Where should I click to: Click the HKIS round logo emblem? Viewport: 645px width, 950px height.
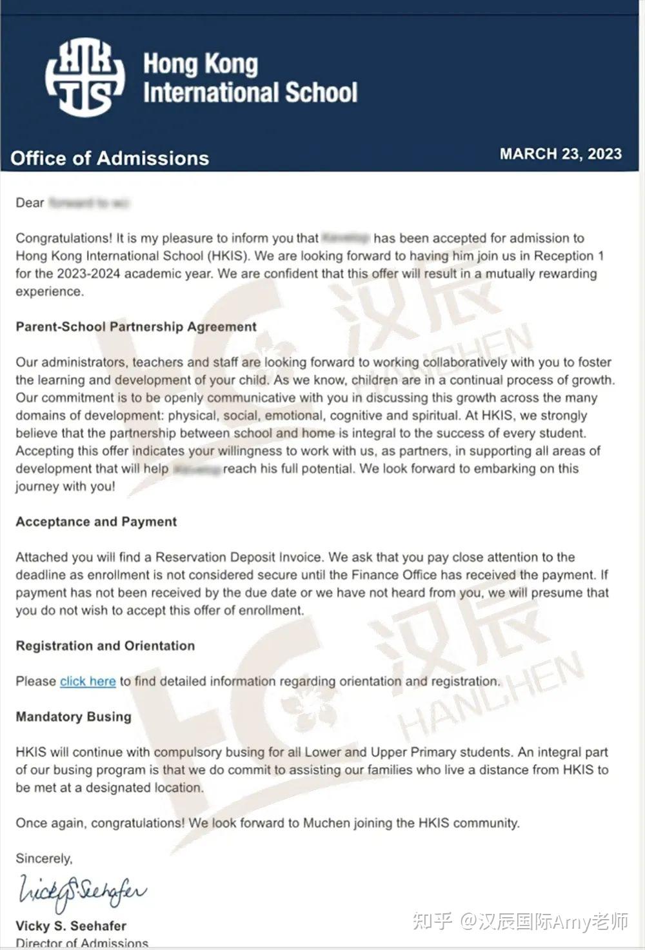(x=84, y=77)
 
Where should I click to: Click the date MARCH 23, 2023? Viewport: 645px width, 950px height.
(x=561, y=154)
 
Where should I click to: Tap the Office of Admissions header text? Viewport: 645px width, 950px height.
(x=110, y=159)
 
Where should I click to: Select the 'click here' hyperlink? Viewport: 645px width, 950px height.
(x=88, y=682)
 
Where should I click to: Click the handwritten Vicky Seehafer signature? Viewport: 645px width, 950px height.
(x=82, y=892)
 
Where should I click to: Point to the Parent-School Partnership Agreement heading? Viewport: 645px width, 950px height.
(x=136, y=327)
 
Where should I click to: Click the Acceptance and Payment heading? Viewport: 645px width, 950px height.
(x=96, y=522)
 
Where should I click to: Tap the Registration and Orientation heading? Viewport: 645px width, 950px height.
(x=105, y=646)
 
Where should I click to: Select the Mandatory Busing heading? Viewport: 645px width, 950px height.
(x=74, y=717)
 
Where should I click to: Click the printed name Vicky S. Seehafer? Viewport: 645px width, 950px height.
(x=71, y=926)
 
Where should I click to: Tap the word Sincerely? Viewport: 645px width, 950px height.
(x=44, y=859)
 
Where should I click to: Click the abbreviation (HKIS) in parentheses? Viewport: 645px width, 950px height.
(x=228, y=256)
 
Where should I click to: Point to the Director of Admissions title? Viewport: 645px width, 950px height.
(x=82, y=943)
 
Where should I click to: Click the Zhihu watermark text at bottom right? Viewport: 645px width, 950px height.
(x=520, y=921)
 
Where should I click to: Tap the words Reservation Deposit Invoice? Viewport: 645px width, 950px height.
(x=238, y=557)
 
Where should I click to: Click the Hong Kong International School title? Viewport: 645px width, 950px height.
(x=250, y=78)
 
